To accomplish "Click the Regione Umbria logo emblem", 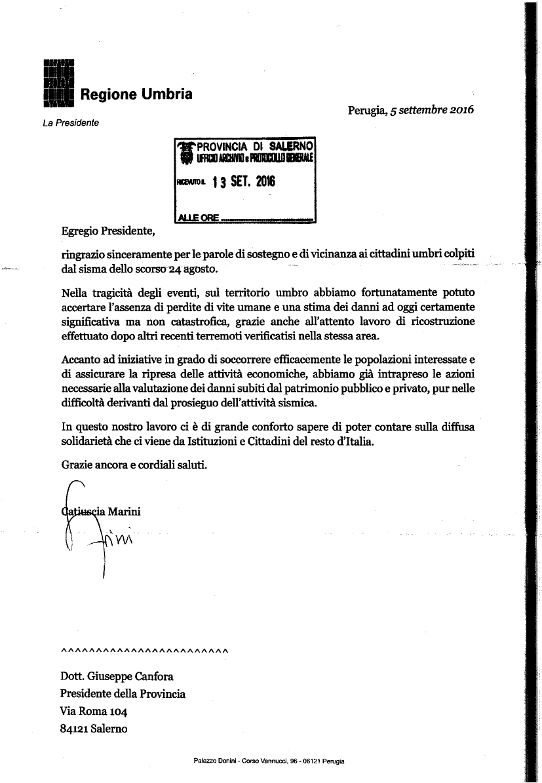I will tap(58, 83).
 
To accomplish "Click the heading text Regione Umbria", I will tap(136, 94).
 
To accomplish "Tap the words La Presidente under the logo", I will tap(71, 123).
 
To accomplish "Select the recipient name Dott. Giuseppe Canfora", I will tap(117, 677).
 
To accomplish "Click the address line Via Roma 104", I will tap(93, 711).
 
